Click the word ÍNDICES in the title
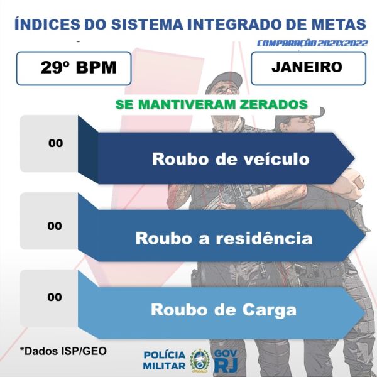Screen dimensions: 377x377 [47, 24]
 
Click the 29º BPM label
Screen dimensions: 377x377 [79, 67]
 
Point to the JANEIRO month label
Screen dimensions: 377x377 [307, 67]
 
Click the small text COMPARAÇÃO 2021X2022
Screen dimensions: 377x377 [312, 43]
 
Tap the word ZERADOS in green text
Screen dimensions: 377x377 [273, 104]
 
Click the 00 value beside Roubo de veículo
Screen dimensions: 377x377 [55, 143]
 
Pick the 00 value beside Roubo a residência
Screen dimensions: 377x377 [55, 226]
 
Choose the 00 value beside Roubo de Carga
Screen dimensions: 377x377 [55, 297]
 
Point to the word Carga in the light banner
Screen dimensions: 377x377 [270, 310]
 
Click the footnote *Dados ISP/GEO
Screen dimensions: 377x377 [63, 351]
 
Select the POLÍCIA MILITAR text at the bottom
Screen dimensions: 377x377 [165, 360]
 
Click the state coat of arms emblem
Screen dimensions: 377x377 [200, 360]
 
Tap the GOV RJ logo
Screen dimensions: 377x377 [226, 361]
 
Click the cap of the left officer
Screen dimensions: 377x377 [223, 81]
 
